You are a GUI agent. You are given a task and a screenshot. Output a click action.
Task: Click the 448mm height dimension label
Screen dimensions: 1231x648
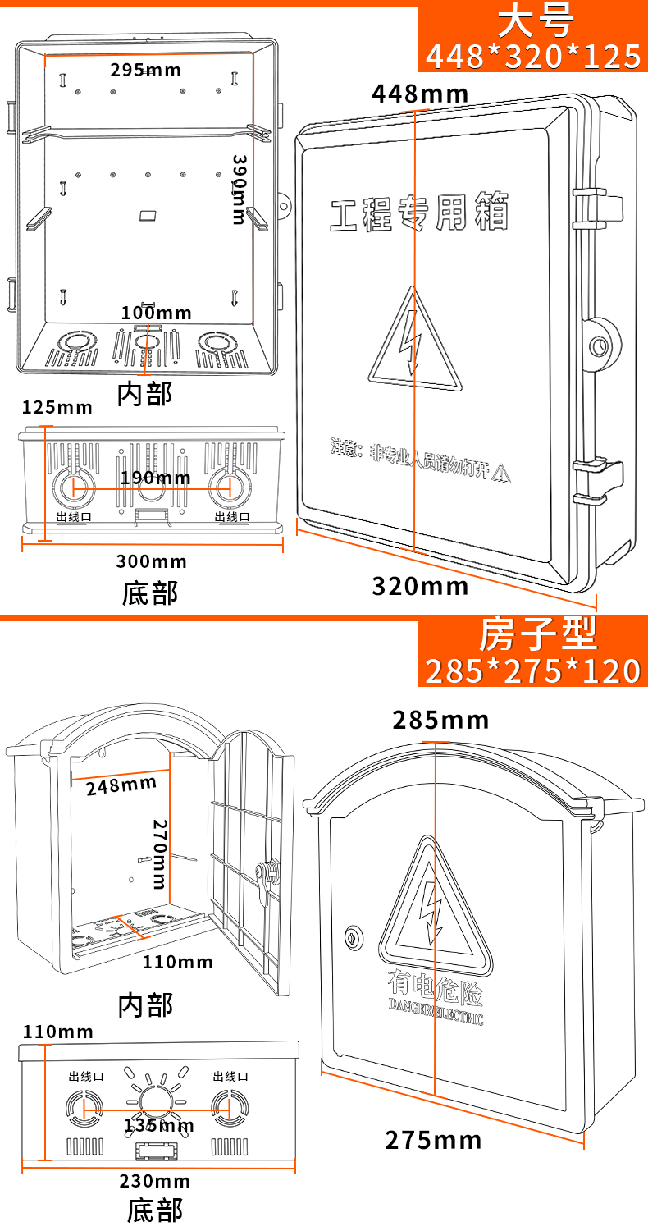click(x=420, y=94)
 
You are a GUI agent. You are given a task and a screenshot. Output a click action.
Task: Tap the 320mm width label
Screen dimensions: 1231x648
click(x=420, y=586)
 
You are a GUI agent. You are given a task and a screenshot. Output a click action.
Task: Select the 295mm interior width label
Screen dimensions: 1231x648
click(x=145, y=70)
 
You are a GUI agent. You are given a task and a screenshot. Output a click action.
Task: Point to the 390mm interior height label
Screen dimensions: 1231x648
click(x=239, y=189)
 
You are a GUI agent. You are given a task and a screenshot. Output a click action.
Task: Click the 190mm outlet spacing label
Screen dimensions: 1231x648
click(x=155, y=478)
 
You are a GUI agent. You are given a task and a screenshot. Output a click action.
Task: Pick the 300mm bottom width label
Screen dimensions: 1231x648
click(x=151, y=561)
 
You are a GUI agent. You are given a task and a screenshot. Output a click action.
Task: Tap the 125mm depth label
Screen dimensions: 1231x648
click(x=57, y=407)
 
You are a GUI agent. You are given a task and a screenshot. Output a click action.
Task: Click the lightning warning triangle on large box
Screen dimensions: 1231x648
click(x=414, y=340)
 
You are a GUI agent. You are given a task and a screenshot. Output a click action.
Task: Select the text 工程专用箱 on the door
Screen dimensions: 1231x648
click(x=419, y=213)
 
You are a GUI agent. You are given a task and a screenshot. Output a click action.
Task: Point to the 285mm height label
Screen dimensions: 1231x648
click(x=440, y=721)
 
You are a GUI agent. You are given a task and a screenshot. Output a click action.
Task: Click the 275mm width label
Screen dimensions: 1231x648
click(x=433, y=1140)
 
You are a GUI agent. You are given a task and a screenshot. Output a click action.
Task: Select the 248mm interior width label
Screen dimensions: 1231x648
click(x=121, y=785)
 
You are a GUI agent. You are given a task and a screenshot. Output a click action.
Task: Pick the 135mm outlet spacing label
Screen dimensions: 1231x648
click(x=159, y=1124)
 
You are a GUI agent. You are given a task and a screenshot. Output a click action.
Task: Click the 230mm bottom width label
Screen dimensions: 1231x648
click(x=154, y=1181)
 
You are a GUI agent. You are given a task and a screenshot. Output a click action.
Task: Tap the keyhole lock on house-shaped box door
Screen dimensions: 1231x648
click(x=354, y=936)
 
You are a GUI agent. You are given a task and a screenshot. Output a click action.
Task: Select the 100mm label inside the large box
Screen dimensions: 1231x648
click(x=156, y=313)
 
